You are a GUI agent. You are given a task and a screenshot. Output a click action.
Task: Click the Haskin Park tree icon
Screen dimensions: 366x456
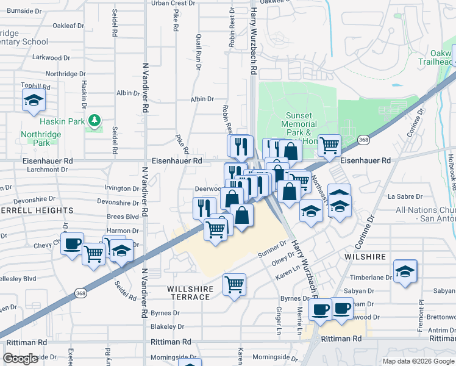pyautogui.click(x=93, y=121)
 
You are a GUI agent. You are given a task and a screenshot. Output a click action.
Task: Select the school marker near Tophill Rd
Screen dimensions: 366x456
pyautogui.click(x=34, y=101)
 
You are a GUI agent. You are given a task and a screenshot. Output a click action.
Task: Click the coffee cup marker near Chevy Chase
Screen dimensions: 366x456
pyautogui.click(x=73, y=244)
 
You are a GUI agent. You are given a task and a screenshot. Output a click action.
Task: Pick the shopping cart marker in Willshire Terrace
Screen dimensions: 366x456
pyautogui.click(x=235, y=284)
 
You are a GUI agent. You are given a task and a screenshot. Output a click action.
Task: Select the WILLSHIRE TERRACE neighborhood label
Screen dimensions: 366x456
pyautogui.click(x=189, y=292)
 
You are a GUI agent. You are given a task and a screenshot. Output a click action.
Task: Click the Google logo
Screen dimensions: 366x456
pyautogui.click(x=21, y=358)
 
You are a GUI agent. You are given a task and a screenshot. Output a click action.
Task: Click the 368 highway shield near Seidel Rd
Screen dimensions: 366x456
pyautogui.click(x=81, y=293)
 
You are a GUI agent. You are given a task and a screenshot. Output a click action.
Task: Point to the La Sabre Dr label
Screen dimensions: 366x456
pyautogui.click(x=405, y=196)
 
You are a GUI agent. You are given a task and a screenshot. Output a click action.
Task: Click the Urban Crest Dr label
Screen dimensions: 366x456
pyautogui.click(x=173, y=3)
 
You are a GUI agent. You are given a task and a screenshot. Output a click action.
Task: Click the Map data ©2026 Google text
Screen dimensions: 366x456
pyautogui.click(x=418, y=361)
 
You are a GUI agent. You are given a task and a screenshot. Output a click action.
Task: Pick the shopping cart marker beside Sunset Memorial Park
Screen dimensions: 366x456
pyautogui.click(x=329, y=145)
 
